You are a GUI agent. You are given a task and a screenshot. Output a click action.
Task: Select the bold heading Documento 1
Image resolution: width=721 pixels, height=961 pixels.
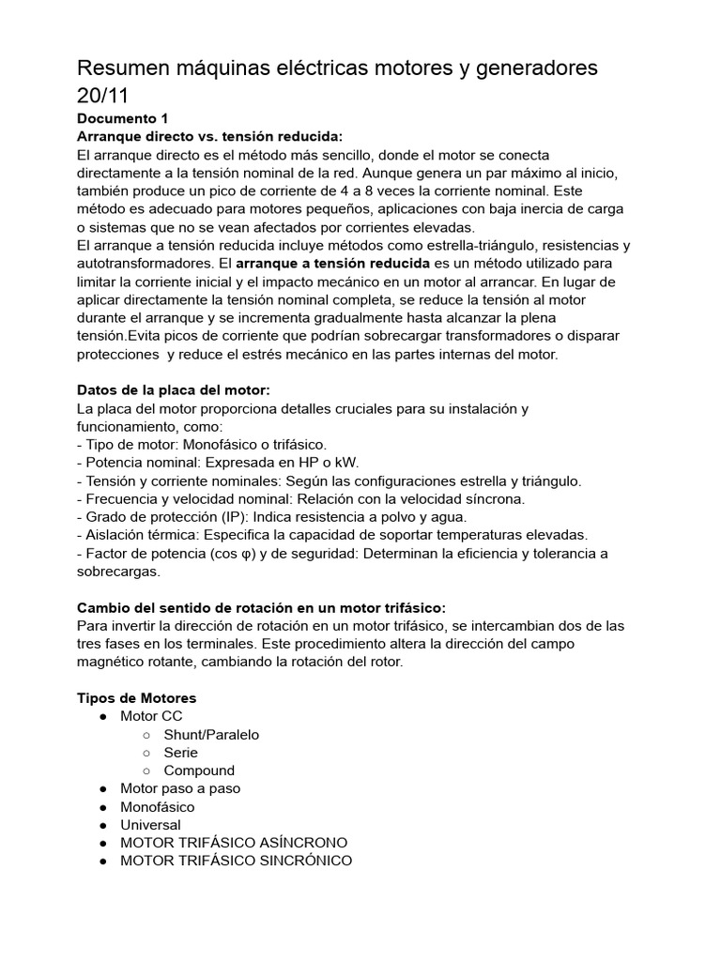tap(122, 119)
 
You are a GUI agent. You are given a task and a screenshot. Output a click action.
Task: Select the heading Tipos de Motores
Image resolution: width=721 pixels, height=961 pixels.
tap(136, 698)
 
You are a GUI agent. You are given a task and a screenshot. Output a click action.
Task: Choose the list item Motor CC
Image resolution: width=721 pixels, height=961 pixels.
tap(151, 716)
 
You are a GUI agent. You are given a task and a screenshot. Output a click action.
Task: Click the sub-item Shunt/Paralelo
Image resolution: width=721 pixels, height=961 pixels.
tap(211, 735)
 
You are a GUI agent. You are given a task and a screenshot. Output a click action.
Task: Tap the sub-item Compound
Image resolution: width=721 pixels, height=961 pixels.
tap(199, 770)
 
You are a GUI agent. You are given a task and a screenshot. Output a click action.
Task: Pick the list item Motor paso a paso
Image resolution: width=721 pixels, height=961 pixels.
tap(180, 788)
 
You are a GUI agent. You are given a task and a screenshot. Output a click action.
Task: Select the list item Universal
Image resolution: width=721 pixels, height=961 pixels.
tap(150, 825)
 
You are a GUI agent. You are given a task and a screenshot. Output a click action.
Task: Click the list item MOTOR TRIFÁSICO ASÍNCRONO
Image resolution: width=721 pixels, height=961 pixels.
tap(234, 843)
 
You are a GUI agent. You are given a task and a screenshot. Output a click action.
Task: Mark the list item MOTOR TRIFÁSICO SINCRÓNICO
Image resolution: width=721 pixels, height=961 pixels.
tap(236, 861)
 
